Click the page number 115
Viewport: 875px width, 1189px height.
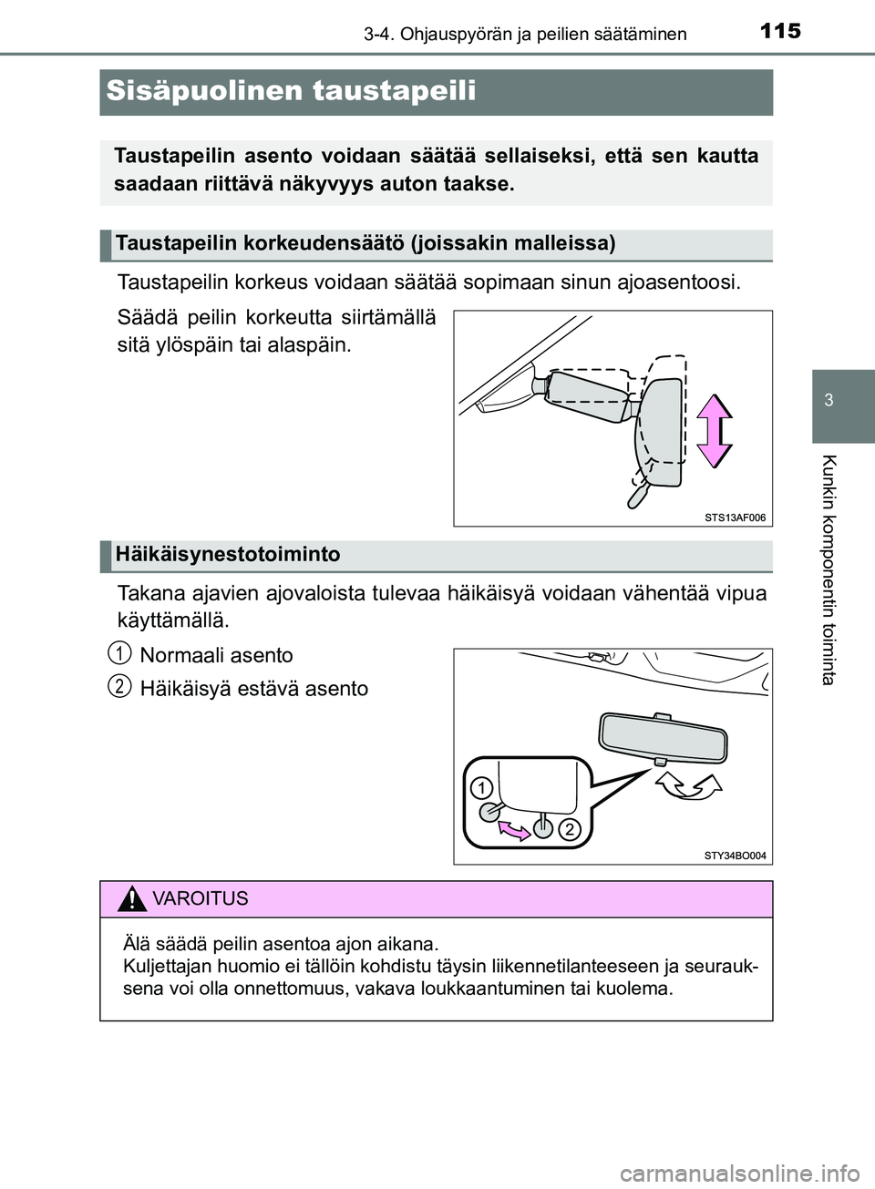pos(779,31)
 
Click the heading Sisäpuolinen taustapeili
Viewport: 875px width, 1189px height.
pos(291,91)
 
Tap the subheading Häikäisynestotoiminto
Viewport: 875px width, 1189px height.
pos(228,555)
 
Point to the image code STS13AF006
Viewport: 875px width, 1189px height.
pos(735,518)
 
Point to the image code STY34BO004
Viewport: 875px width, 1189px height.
pos(735,856)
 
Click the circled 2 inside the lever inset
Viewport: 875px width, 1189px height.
pos(568,828)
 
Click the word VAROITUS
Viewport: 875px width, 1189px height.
pos(201,899)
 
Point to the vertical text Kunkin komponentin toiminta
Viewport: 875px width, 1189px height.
pos(829,569)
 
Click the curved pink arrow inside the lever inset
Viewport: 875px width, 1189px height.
pos(513,827)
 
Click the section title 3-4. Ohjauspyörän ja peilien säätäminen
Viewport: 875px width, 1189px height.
pos(525,35)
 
